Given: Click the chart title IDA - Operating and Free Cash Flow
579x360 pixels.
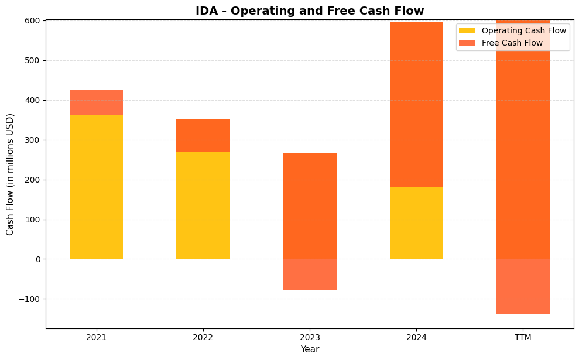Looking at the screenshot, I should [x=310, y=11].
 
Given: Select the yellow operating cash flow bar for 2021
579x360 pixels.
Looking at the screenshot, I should [x=96, y=187].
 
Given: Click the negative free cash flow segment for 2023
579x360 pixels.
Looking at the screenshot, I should [x=310, y=275].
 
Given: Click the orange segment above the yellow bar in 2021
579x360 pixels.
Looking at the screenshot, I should [x=96, y=102].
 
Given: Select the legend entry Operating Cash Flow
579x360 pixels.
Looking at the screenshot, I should [x=523, y=30].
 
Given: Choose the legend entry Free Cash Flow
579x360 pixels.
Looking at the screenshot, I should [x=512, y=43].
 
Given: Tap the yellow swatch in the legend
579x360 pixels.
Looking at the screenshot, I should [x=467, y=30].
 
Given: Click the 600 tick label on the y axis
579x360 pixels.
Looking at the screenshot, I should [x=33, y=20].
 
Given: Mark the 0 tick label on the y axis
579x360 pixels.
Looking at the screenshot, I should [x=37, y=259].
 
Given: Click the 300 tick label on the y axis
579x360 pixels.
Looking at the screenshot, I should [x=33, y=140].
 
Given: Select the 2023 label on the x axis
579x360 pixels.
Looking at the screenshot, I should [x=310, y=337].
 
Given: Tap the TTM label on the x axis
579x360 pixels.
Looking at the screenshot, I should [x=523, y=337].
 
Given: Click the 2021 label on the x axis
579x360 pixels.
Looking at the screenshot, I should [x=96, y=337].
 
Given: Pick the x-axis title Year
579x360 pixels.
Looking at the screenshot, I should [x=310, y=349].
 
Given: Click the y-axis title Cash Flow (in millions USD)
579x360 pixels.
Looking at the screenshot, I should [x=10, y=174].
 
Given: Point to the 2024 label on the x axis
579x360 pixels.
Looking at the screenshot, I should [x=416, y=337].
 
